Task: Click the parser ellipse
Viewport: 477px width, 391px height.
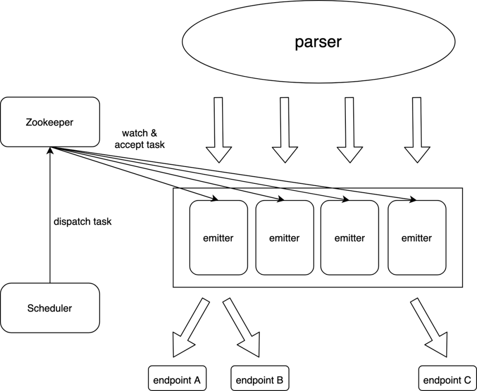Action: pos(318,42)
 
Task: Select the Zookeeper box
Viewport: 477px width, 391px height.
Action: pos(50,122)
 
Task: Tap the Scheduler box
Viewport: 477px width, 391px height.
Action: pos(50,308)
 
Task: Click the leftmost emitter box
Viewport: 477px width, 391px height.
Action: pos(218,238)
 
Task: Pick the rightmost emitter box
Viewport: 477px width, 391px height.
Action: pos(416,238)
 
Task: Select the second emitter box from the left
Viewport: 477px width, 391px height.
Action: pos(284,238)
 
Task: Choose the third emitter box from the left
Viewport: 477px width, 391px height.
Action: pos(349,238)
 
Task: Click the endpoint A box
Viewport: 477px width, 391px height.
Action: pos(177,380)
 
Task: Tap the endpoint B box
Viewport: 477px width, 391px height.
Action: pos(260,380)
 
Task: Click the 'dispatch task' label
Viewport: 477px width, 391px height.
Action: pos(83,221)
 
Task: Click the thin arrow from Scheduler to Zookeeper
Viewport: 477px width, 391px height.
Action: pos(50,221)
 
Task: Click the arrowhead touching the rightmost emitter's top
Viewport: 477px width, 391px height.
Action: pos(413,200)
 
